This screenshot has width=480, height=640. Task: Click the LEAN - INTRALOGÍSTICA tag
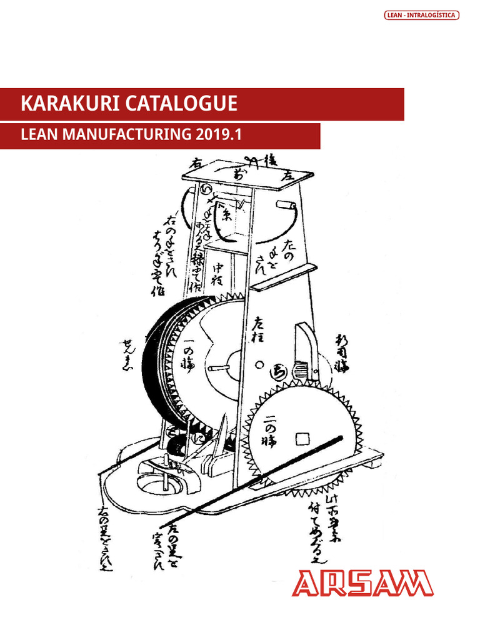coord(421,15)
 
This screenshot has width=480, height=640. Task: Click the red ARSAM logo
coord(362,583)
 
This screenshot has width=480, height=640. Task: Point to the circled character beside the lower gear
coord(276,373)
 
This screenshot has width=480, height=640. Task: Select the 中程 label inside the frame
coord(218,273)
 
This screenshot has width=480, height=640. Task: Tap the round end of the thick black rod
coord(341,439)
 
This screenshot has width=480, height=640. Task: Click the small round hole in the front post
coord(258,364)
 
